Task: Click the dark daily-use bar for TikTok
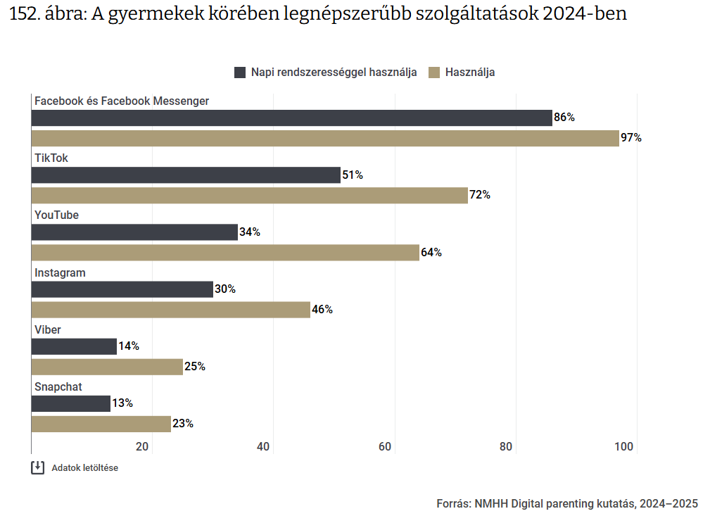pyautogui.click(x=186, y=175)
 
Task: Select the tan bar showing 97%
pyautogui.click(x=325, y=138)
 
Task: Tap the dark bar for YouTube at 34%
pyautogui.click(x=134, y=232)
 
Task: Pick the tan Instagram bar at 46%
pyautogui.click(x=171, y=310)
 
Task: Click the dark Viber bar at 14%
pyautogui.click(x=74, y=346)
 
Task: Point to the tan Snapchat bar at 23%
pyautogui.click(x=101, y=424)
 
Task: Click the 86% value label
pyautogui.click(x=564, y=118)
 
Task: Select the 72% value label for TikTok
pyautogui.click(x=480, y=195)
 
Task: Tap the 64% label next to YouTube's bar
pyautogui.click(x=431, y=252)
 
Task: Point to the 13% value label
pyautogui.click(x=122, y=403)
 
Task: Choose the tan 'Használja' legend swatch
pyautogui.click(x=434, y=72)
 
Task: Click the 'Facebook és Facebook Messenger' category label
pyautogui.click(x=122, y=101)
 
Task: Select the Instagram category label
pyautogui.click(x=60, y=272)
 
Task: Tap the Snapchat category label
pyautogui.click(x=58, y=386)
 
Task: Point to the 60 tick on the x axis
pyautogui.click(x=385, y=446)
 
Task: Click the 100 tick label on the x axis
pyautogui.click(x=623, y=446)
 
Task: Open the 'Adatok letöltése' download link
pyautogui.click(x=84, y=467)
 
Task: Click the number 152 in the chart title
pyautogui.click(x=23, y=14)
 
